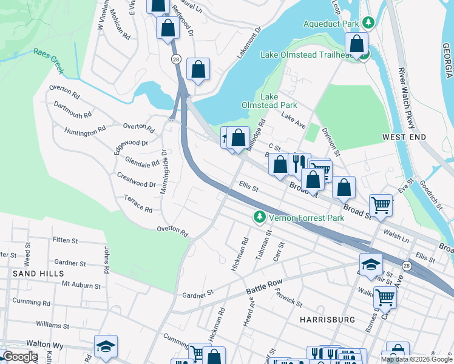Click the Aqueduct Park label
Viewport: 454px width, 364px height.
pyautogui.click(x=332, y=23)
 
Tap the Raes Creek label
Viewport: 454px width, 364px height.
pyautogui.click(x=49, y=61)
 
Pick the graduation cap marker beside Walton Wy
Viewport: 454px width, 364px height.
pyautogui.click(x=106, y=346)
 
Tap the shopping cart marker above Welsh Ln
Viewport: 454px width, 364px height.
pyautogui.click(x=381, y=205)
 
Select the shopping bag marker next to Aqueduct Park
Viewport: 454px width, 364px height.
pyautogui.click(x=357, y=43)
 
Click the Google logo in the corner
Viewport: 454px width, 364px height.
pyautogui.click(x=20, y=357)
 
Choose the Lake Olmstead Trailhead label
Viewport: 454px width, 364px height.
pyautogui.click(x=307, y=55)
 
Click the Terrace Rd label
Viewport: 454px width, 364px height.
pyautogui.click(x=138, y=204)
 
